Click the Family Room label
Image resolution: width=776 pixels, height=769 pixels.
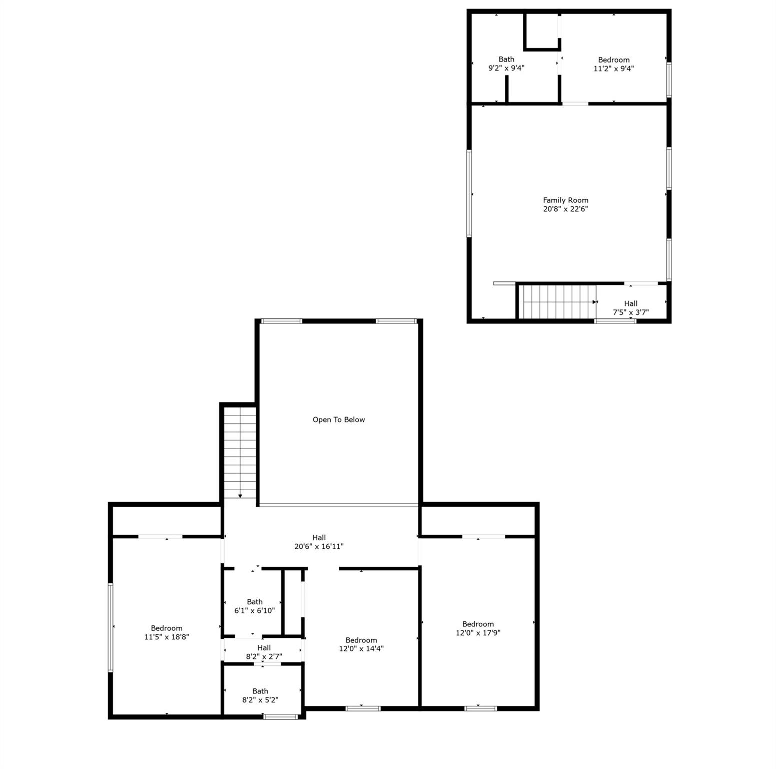[x=565, y=200]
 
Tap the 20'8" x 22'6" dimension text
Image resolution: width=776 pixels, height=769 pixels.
[x=565, y=209]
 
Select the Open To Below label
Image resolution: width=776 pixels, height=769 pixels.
[x=339, y=420]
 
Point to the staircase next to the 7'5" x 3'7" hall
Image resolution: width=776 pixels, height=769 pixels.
[x=557, y=301]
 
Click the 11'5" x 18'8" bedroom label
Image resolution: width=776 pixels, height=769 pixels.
[x=167, y=628]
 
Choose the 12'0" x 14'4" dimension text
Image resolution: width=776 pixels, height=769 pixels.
[x=361, y=649]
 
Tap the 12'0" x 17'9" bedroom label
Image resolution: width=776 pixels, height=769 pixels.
[x=478, y=624]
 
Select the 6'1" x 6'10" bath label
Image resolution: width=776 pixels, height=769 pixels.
[x=255, y=602]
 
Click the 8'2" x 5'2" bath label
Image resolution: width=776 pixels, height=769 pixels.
[x=260, y=691]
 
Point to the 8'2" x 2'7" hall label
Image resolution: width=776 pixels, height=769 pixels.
[x=264, y=648]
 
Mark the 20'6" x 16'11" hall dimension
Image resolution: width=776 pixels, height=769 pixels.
[x=319, y=547]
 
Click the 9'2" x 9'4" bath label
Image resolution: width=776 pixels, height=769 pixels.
[x=506, y=59]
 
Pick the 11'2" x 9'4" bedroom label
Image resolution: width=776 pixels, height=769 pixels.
[x=614, y=60]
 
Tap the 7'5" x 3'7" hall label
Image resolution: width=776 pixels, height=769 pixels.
[x=631, y=303]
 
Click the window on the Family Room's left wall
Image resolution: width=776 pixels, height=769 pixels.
[x=469, y=193]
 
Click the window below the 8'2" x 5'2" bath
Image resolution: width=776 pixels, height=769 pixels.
[x=281, y=717]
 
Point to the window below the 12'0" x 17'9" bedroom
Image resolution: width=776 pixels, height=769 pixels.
[x=480, y=708]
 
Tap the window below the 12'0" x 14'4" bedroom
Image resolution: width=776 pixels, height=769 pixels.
[x=363, y=708]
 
